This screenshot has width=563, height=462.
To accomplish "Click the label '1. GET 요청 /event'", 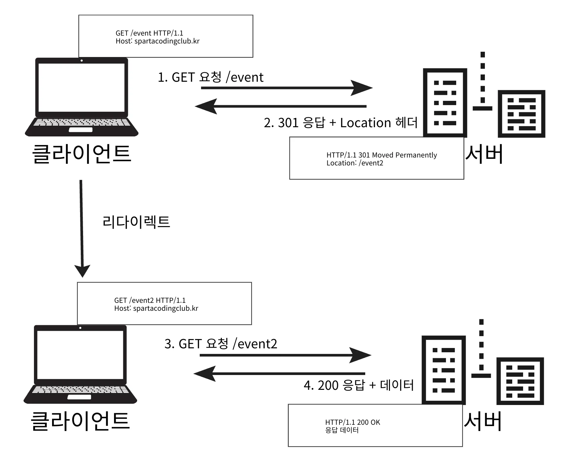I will (210, 77).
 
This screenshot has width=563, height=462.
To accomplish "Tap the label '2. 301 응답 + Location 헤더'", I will (341, 123).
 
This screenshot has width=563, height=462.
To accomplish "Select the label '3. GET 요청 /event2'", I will (221, 344).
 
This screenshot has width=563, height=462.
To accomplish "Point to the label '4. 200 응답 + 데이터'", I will (359, 385).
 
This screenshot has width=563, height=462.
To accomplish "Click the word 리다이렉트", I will (136, 222).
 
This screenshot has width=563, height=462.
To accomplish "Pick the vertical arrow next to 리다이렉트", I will (81, 227).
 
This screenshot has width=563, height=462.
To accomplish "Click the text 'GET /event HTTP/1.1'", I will (149, 33).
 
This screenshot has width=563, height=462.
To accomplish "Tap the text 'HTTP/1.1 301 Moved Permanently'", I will (381, 155).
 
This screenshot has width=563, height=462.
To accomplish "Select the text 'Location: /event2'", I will (355, 163).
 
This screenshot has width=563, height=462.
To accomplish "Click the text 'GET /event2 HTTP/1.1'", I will (150, 300).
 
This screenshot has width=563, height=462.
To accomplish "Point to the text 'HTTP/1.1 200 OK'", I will (352, 422).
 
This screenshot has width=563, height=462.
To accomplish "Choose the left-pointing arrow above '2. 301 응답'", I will (280, 106).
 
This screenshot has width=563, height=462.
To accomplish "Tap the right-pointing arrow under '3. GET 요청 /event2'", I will (285, 355).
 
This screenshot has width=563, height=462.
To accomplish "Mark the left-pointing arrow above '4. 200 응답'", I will (279, 374).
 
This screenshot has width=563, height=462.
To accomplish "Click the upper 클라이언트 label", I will (81, 154).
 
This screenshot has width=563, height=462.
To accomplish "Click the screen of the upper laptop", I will (81, 87).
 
